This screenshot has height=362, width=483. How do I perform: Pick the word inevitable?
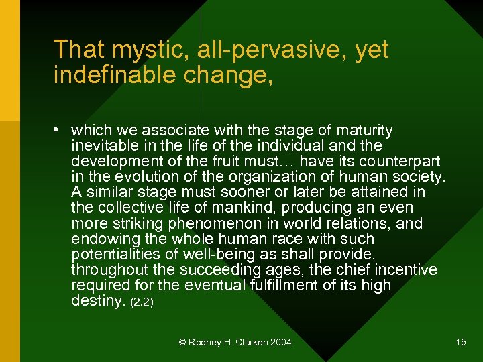click(102, 145)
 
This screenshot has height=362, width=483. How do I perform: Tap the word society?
click(419, 177)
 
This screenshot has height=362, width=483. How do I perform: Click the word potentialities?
click(111, 254)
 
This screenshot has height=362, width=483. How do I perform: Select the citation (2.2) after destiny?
click(142, 302)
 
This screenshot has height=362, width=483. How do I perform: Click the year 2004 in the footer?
click(280, 343)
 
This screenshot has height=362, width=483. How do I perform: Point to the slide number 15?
click(460, 343)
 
